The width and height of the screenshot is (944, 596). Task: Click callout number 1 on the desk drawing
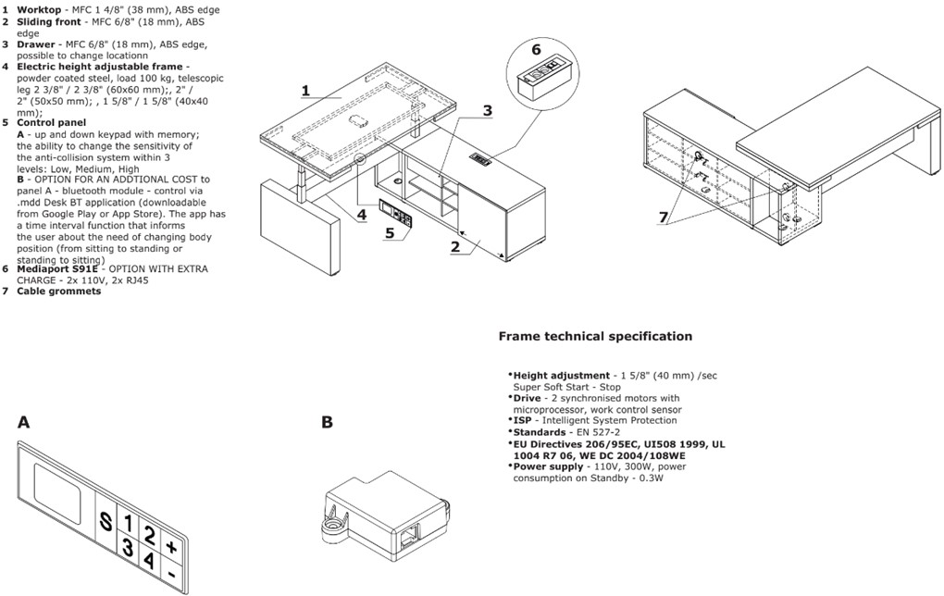[307, 91]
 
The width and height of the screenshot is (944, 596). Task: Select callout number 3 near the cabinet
[487, 111]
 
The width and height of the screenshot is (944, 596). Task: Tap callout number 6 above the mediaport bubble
[536, 49]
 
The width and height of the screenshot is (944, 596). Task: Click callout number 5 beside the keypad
[390, 232]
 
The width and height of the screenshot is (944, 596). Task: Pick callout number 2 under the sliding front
[455, 246]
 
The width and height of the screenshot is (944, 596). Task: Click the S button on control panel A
[107, 522]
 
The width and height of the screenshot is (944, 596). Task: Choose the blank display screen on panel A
[57, 490]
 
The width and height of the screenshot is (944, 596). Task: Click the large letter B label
[327, 423]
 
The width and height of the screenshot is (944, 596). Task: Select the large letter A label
[23, 423]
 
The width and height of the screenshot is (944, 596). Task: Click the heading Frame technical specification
[595, 337]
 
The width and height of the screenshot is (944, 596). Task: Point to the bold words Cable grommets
[58, 292]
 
